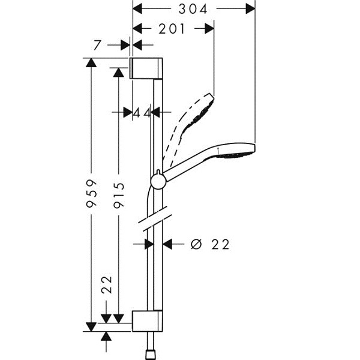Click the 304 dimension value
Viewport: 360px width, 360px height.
(193, 10)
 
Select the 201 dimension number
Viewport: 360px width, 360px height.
(172, 29)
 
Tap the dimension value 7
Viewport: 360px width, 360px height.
(97, 45)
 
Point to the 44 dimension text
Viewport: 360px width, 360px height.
(142, 113)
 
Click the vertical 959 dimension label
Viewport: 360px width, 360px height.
(92, 194)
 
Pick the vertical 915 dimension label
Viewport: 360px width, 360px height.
(119, 195)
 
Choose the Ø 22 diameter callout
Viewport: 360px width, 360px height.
(210, 244)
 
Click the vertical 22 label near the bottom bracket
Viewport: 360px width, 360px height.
(107, 284)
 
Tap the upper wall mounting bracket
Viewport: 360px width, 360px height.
(146, 68)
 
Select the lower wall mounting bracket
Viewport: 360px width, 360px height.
(147, 321)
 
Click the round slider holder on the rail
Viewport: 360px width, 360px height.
(158, 181)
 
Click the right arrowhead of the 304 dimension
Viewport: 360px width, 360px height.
(250, 9)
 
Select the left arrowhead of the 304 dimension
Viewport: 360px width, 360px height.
(138, 9)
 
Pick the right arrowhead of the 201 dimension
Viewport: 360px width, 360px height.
(209, 29)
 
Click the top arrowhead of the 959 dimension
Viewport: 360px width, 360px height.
(91, 62)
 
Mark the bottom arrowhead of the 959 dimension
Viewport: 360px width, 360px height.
(91, 327)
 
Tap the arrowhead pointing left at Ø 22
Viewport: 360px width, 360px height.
(167, 244)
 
